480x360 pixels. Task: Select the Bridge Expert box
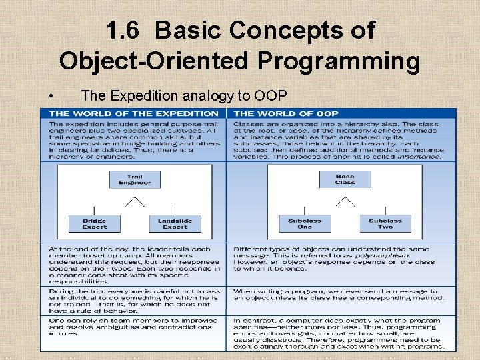pos(94,224)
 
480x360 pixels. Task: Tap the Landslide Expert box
pos(175,224)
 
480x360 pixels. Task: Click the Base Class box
pos(345,179)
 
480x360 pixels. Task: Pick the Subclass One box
pos(305,224)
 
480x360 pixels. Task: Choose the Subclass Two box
pos(385,224)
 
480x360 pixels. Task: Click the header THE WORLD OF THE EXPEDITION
pos(134,113)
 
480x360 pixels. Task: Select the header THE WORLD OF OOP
pos(287,113)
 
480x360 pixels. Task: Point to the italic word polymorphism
pos(359,255)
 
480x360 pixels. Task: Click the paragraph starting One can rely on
pos(133,327)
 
